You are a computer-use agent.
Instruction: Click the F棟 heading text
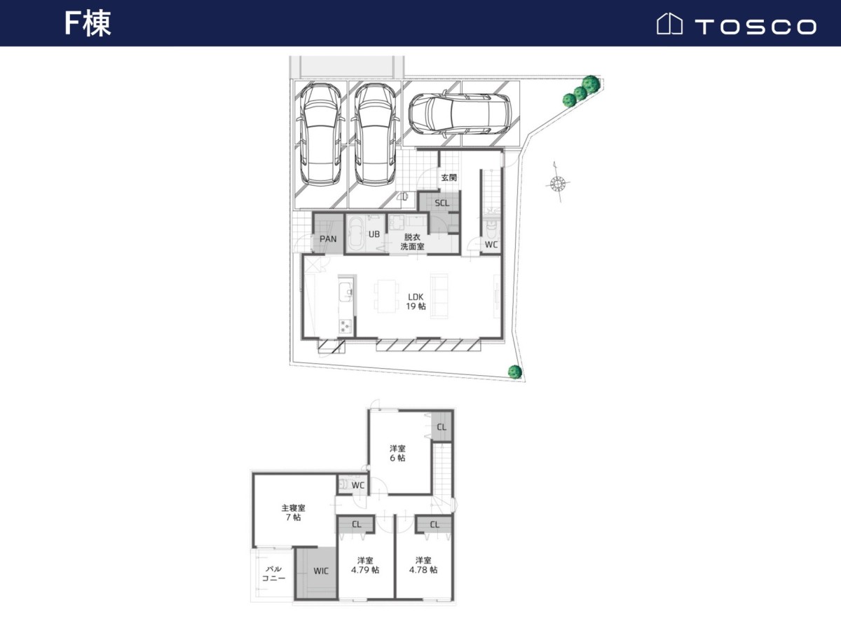[88, 23]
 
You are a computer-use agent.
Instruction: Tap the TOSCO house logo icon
[669, 24]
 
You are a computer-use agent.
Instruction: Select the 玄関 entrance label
[449, 178]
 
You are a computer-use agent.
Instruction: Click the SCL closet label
[442, 203]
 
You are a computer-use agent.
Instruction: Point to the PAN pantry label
[328, 239]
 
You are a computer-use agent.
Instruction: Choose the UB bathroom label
[374, 234]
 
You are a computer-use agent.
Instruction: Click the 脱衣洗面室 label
[412, 242]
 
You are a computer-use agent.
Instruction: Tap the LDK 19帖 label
[416, 301]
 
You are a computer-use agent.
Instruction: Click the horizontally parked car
[460, 114]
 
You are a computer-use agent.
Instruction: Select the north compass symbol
[558, 184]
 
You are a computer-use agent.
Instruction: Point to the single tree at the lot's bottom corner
[515, 372]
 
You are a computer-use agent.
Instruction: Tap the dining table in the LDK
[386, 297]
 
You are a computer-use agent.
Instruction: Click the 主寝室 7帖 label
[294, 513]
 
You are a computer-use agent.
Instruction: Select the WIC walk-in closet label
[321, 571]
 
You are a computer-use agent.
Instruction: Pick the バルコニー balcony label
[273, 574]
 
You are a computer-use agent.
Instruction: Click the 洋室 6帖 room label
[397, 453]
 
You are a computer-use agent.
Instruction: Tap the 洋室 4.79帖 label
[365, 565]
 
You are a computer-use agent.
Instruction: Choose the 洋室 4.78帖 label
[423, 565]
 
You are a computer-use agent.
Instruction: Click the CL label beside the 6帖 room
[442, 427]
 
